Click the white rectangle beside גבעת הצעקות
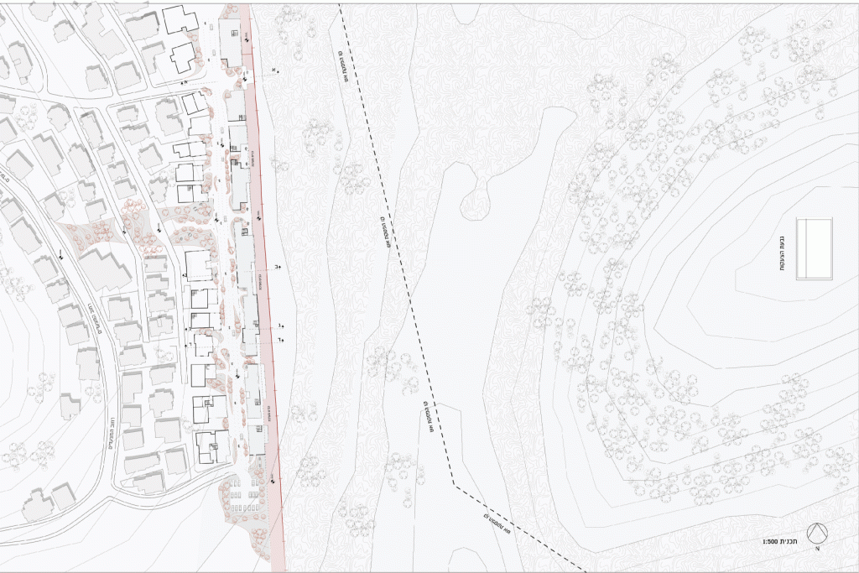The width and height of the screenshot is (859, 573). pyautogui.click(x=816, y=249)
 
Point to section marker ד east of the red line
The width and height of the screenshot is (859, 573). pyautogui.click(x=282, y=339)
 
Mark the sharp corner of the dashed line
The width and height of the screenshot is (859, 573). pyautogui.click(x=454, y=485)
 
